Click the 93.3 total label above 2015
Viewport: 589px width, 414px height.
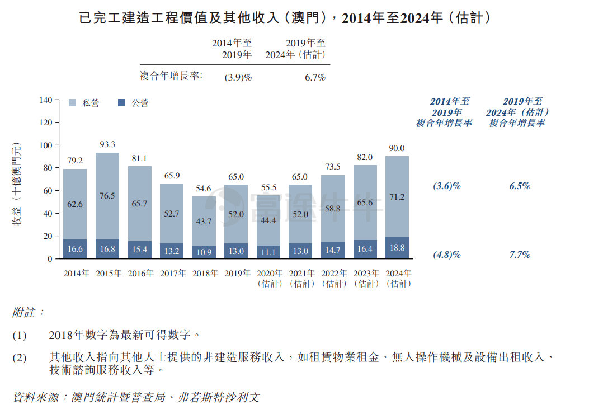coord(107,144)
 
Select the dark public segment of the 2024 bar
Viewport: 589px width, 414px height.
coord(397,248)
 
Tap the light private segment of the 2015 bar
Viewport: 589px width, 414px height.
coord(107,196)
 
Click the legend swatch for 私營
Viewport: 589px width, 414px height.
coord(73,103)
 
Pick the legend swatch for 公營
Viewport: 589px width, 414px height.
coord(122,103)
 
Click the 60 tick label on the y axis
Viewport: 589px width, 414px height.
coord(48,191)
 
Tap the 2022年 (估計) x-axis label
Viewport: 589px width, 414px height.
coord(333,279)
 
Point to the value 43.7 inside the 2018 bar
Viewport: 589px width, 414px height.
coord(204,222)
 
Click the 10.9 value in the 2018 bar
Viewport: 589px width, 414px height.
coord(204,251)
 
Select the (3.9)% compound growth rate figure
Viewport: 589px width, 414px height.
coord(238,78)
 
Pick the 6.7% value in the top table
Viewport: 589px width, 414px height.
coord(315,78)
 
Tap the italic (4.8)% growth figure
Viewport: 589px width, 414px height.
coord(447,255)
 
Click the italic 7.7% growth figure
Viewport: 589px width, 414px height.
coord(520,255)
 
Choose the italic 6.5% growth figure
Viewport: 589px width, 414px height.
coord(520,186)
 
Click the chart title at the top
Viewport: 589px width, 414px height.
coord(285,18)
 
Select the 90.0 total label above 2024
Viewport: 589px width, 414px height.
coord(397,148)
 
